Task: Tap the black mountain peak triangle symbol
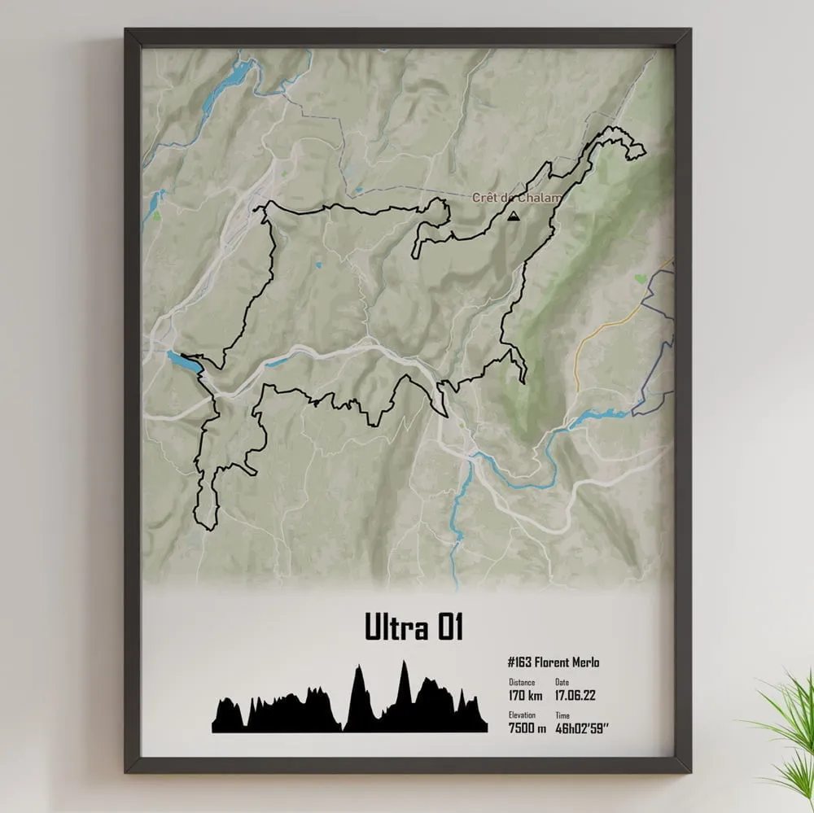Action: pyautogui.click(x=513, y=216)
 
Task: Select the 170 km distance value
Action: pyautogui.click(x=525, y=695)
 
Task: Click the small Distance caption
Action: pyautogui.click(x=522, y=682)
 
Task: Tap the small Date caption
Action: pyautogui.click(x=562, y=682)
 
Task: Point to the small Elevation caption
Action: pyautogui.click(x=523, y=715)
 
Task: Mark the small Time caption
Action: pyautogui.click(x=562, y=715)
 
